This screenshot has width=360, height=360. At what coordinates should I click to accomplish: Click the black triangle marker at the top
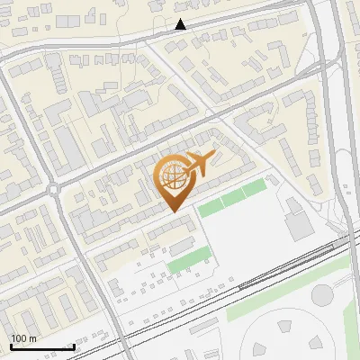181,25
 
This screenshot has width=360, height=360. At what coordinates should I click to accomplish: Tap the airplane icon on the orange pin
198,165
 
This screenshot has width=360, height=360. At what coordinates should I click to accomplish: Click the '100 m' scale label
23,338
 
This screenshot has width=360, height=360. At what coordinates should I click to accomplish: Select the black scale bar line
42,346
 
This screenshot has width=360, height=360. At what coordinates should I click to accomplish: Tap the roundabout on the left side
54,189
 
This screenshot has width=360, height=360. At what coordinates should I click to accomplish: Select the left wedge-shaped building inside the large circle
262,346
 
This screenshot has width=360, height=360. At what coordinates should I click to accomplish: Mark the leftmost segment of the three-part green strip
211,208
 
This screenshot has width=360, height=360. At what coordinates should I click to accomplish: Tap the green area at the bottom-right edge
351,333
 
